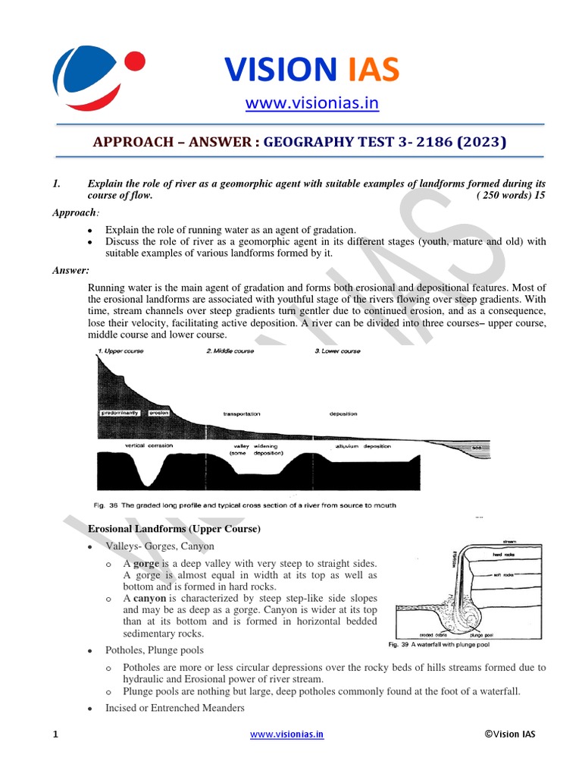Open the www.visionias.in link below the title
point(312,102)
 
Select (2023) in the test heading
point(477,141)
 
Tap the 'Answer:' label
point(70,269)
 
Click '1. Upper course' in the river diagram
point(121,351)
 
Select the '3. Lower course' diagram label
point(337,351)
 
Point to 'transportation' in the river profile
point(242,414)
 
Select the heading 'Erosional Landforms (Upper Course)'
point(174,529)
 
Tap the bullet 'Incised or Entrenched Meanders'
point(175,708)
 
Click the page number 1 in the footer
point(55,735)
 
